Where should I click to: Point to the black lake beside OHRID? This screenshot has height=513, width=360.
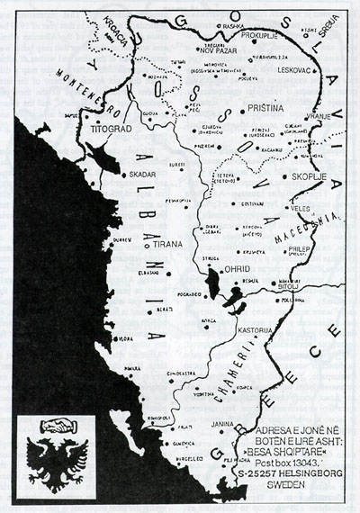pos(214,282)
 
